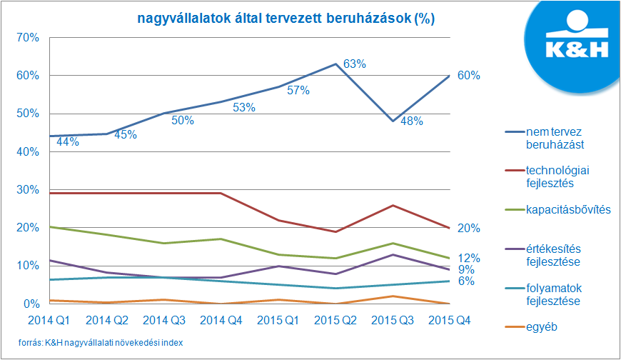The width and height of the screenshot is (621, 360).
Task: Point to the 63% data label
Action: (355, 64)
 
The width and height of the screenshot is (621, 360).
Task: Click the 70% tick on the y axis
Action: (26, 37)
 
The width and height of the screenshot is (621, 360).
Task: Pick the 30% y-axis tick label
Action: (26, 189)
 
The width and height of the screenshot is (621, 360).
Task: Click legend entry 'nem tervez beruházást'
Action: (557, 137)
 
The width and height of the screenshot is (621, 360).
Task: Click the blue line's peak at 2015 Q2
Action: (336, 64)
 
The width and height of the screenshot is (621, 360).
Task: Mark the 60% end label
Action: (468, 76)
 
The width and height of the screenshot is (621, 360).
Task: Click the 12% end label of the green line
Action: (468, 257)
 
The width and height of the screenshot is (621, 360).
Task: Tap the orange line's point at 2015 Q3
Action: (393, 296)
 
